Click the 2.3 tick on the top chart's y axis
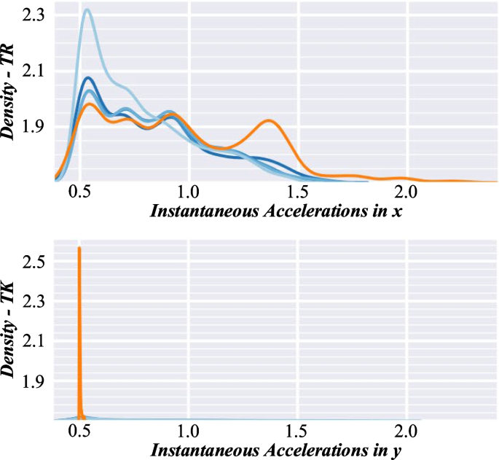pos(36,15)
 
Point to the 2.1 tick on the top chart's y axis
pos(36,71)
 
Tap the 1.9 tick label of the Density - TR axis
pos(36,126)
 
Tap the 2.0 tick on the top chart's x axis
pos(406,195)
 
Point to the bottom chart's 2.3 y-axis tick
pos(36,300)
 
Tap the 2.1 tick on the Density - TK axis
pos(36,340)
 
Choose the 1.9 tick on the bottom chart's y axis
pos(36,381)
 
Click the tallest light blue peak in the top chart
pos(87,10)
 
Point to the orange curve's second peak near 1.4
pos(269,121)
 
